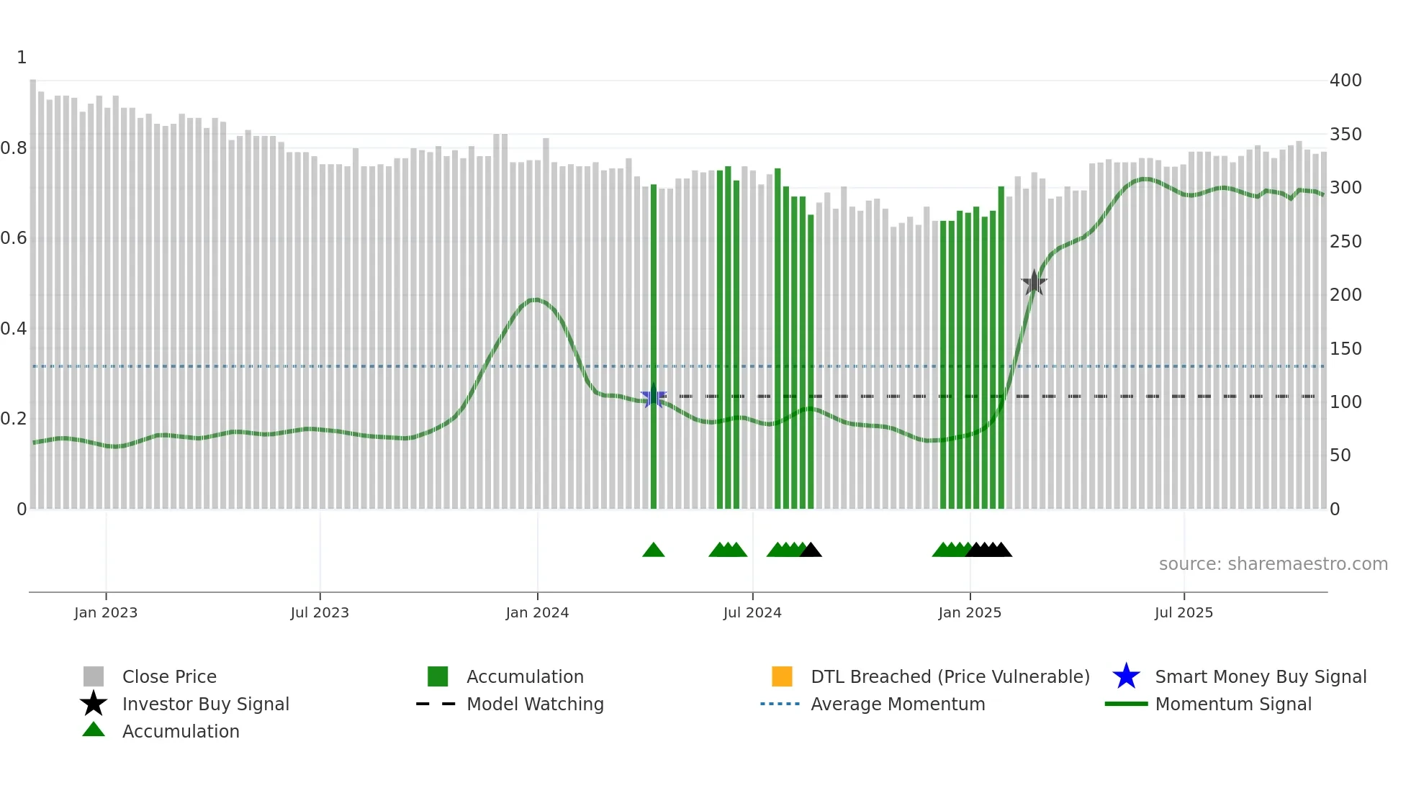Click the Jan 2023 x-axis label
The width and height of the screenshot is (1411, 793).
point(106,612)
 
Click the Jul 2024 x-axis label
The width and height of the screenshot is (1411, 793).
point(752,612)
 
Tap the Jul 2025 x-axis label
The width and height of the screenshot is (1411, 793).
point(1184,612)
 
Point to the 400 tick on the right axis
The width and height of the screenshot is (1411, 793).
point(1345,81)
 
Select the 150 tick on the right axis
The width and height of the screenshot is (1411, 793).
point(1345,348)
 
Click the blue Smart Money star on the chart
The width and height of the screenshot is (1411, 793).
point(654,396)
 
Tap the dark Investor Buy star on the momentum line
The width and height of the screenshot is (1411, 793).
point(1034,283)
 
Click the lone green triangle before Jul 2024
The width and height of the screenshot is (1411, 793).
point(654,550)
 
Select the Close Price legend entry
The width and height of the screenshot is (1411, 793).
point(168,676)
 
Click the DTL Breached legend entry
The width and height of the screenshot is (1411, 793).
point(950,676)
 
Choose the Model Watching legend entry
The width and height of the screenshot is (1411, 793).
point(535,704)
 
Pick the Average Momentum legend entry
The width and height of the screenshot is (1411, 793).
point(898,704)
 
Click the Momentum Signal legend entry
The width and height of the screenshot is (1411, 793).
point(1232,704)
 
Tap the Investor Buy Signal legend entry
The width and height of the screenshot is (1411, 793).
point(205,704)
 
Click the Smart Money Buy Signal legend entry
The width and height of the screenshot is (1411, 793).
point(1260,676)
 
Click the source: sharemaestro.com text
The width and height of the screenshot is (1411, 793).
point(1273,564)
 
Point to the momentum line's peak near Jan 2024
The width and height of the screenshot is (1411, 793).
point(535,299)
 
